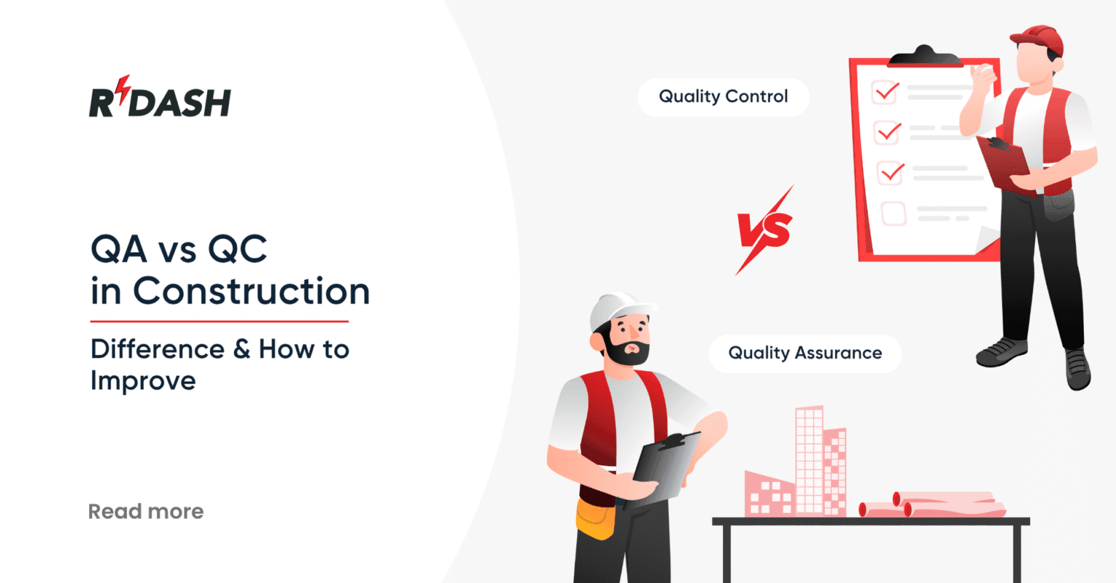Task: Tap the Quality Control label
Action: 723,97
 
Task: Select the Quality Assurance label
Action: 805,354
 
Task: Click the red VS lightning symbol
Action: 764,229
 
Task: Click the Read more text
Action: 146,512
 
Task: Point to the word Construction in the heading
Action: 251,291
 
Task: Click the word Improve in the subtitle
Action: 143,380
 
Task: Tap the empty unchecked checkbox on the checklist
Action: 893,213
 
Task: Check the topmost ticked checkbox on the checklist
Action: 885,93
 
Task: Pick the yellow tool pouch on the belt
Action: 595,519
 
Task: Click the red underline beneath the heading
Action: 219,321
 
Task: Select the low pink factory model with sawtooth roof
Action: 769,494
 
